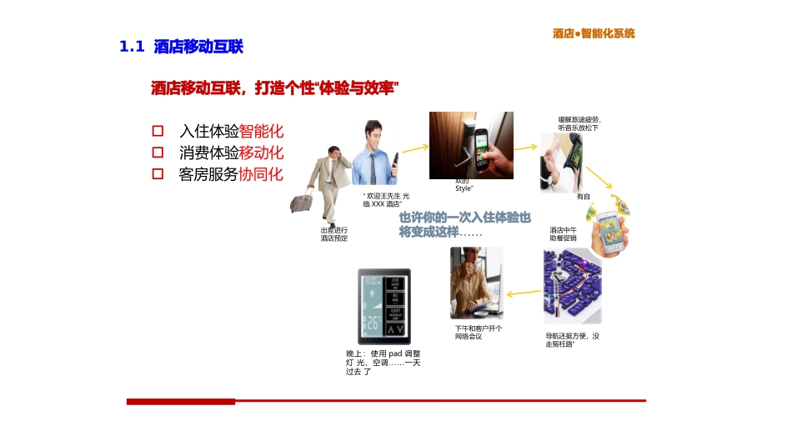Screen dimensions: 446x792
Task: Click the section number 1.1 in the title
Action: (133, 48)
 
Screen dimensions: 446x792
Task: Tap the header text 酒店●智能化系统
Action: (594, 33)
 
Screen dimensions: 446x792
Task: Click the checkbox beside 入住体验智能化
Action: (158, 132)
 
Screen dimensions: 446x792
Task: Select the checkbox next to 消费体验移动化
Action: (158, 153)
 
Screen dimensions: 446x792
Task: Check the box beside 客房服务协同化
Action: (158, 174)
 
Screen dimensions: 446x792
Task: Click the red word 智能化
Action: (262, 132)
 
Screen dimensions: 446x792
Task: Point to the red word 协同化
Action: (262, 174)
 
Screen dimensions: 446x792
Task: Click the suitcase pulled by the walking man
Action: (302, 201)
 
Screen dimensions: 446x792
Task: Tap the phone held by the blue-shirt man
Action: (396, 160)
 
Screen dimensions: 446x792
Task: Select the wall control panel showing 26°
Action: (384, 306)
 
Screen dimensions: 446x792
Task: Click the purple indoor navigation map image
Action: (572, 286)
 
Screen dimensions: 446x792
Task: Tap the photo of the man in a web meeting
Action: (477, 283)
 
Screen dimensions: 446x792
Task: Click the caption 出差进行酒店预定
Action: (334, 234)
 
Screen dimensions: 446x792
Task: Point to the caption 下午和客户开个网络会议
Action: (479, 332)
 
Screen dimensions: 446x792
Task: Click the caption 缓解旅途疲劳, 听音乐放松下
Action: (579, 123)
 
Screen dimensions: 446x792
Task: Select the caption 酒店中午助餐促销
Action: (563, 234)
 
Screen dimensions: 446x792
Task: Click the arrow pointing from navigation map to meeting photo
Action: (524, 292)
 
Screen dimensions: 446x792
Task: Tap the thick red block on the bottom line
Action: (181, 402)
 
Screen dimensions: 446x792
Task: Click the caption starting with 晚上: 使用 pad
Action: (383, 363)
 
